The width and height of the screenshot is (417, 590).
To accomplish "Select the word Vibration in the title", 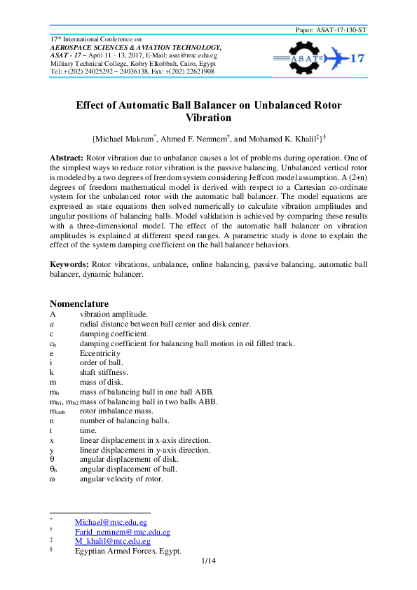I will click(x=208, y=118).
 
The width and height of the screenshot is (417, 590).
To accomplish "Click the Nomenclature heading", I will click(x=78, y=303).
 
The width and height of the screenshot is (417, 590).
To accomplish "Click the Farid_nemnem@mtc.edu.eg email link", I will click(x=122, y=532).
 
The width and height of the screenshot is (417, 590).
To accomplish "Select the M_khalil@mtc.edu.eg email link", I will click(x=112, y=541).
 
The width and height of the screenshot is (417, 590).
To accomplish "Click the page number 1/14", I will click(x=207, y=561).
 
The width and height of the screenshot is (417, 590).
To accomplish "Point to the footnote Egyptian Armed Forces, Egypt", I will click(x=128, y=551).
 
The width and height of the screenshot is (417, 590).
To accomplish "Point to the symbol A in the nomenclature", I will click(x=52, y=314).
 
